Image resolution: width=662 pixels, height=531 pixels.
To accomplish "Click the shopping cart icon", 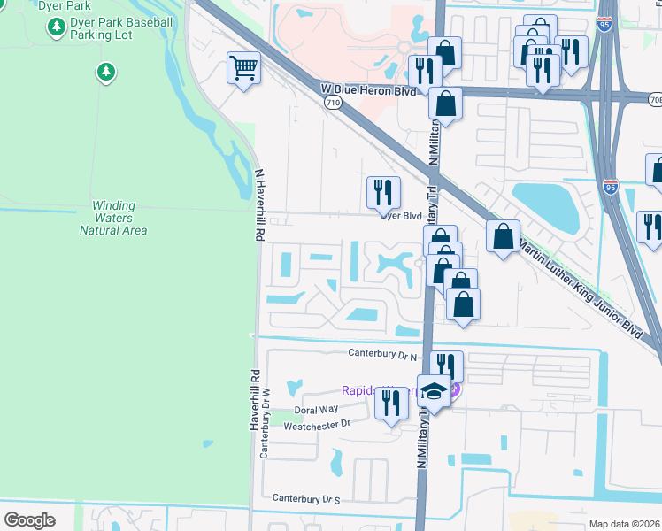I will coord(243,67).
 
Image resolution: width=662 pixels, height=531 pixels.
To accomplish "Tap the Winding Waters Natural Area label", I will coord(113,218).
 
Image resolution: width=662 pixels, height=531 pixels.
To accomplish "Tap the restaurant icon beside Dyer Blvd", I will coord(383,192).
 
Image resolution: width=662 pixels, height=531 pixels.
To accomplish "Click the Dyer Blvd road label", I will coord(402,216).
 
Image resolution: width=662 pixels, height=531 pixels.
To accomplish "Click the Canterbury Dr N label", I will coord(381,354).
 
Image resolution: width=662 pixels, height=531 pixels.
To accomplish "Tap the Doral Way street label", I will coord(316,410).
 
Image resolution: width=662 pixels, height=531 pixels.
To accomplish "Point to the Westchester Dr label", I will coord(318,426).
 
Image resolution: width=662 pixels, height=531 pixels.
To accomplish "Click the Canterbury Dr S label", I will coord(306,499).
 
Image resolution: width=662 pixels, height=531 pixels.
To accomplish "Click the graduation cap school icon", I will coord(434,390).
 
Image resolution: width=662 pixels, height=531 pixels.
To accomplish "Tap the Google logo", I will coord(29,519).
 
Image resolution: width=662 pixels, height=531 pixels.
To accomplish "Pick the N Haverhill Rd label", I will coord(259,206).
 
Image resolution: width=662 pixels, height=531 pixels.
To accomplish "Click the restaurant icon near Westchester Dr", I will coord(390,403).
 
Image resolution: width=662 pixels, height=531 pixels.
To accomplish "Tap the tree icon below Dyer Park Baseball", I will coord(106,71).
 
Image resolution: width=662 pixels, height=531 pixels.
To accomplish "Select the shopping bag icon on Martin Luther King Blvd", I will coord(503,236).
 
